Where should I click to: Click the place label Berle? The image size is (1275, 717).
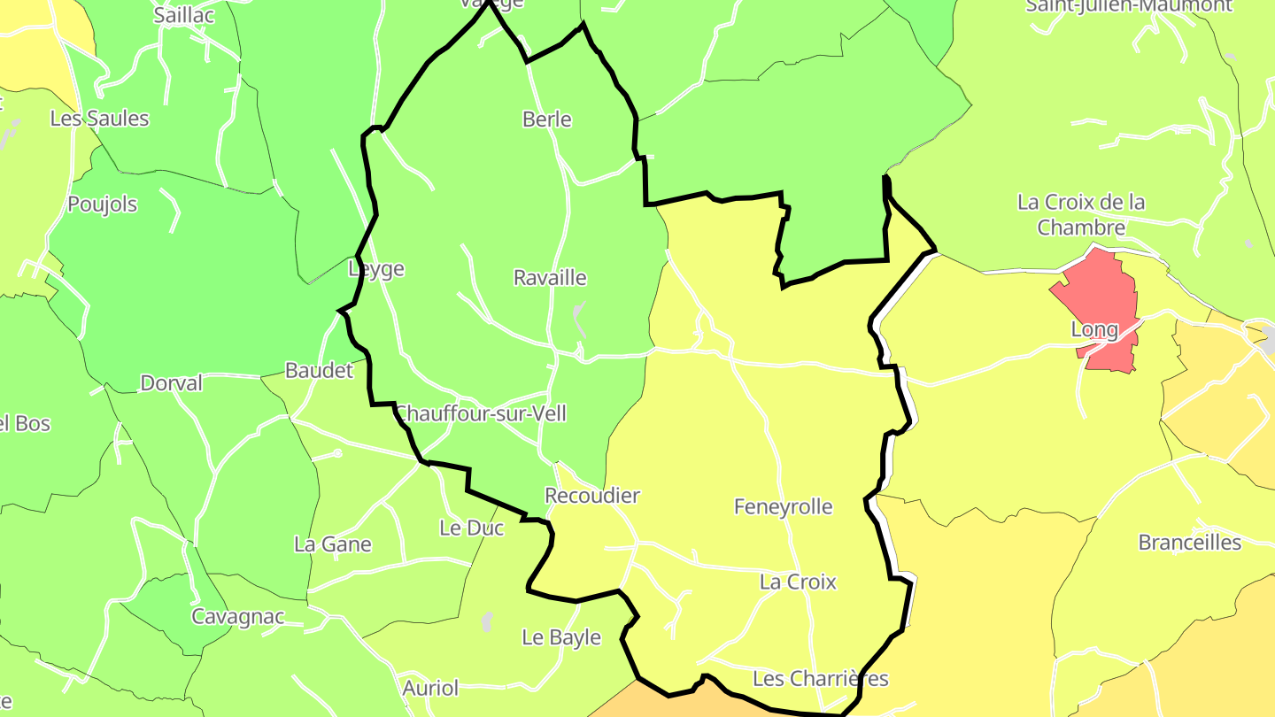pos(547,119)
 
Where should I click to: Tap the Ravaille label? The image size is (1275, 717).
pos(550,278)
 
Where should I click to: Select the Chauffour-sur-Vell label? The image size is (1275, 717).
pos(480,413)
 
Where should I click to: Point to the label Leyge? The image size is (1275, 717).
pos(376,269)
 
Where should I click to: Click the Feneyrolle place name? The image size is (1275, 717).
pos(784,507)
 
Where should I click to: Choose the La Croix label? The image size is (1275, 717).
pos(798,582)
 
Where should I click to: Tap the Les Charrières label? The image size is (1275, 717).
pos(820,679)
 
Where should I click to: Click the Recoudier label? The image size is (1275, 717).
pos(592,496)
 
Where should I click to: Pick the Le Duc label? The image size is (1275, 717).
pos(472,528)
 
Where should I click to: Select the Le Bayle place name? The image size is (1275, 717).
pos(561,637)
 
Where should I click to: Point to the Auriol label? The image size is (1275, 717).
pos(431,688)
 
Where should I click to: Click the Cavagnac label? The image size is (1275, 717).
pos(238,617)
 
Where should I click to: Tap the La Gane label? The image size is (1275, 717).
pos(333,544)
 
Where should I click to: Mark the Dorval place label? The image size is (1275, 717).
pos(172,384)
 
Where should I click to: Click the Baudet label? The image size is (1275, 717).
pos(319,371)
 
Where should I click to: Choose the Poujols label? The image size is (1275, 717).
pos(103,204)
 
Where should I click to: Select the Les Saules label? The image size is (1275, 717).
pos(99,119)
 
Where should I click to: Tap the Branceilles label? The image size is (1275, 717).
pos(1190,543)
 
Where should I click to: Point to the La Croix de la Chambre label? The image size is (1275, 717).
pos(1081,215)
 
